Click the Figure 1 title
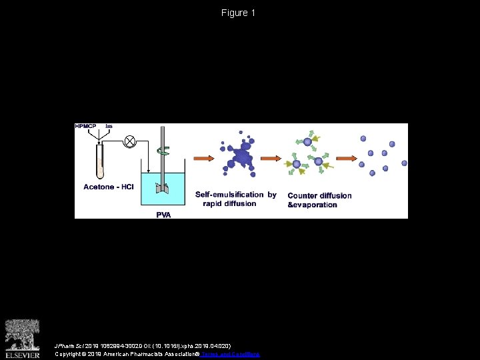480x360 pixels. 239,13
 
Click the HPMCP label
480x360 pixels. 86,127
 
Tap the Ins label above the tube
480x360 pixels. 108,127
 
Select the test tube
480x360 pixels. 101,162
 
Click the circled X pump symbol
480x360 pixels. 130,141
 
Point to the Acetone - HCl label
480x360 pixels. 109,187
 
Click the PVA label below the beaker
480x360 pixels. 163,214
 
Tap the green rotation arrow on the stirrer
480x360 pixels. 162,151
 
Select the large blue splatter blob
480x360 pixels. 239,157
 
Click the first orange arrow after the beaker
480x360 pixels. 205,159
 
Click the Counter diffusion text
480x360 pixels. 319,195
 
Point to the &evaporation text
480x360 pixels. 312,205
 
